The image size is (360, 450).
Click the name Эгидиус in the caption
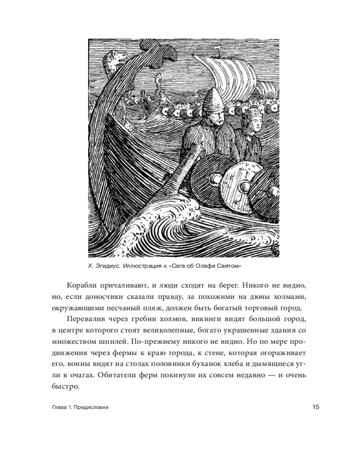pos(107,266)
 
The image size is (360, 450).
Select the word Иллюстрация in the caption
pos(140,266)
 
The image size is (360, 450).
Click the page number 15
pos(315,407)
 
